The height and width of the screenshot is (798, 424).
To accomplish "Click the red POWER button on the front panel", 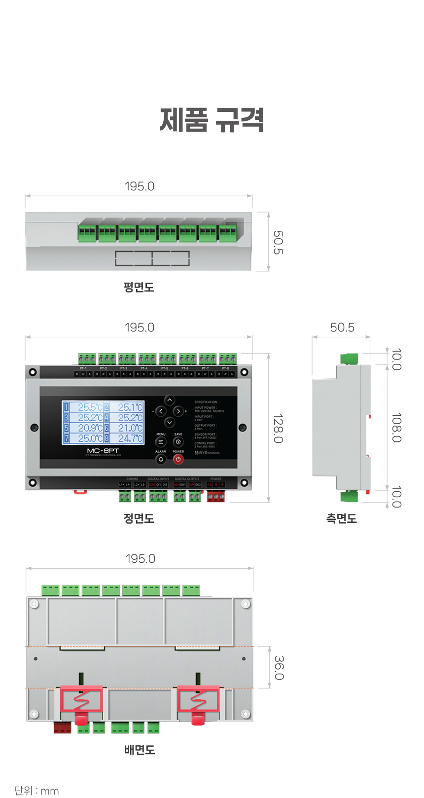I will click(x=178, y=459).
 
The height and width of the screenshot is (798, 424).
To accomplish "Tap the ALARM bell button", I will click(x=161, y=459).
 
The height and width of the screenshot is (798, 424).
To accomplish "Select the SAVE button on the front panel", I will click(x=178, y=442).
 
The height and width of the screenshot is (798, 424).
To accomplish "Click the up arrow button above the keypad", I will click(x=169, y=400).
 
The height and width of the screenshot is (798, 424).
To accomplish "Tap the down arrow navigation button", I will click(x=169, y=422).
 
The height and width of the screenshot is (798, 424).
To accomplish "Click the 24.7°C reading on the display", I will click(x=130, y=438).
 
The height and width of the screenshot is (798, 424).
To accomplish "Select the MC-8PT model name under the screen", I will click(x=103, y=451).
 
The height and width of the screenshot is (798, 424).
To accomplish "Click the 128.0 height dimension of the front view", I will click(x=278, y=428).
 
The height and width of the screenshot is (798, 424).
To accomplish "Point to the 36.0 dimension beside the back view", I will click(x=279, y=667).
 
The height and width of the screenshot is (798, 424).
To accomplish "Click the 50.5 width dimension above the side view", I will click(x=342, y=327).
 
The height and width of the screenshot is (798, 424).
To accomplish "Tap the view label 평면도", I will click(x=139, y=287).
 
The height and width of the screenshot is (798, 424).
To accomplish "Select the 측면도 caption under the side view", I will click(x=341, y=518).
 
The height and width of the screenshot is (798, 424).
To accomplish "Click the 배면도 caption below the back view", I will click(x=140, y=750).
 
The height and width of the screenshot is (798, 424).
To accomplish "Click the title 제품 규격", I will click(x=212, y=120).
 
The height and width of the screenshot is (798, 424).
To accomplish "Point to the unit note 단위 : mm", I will click(x=36, y=791).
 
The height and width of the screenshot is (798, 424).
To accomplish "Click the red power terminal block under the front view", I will click(x=215, y=497).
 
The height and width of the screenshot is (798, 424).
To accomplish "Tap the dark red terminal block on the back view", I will click(x=62, y=727).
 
